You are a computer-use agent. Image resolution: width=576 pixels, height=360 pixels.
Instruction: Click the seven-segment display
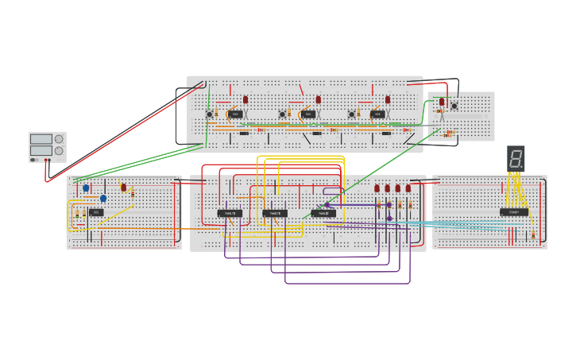(516, 157)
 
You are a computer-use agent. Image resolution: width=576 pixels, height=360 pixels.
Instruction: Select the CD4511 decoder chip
(513, 212)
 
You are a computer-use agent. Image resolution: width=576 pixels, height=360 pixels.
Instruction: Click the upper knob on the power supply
(59, 139)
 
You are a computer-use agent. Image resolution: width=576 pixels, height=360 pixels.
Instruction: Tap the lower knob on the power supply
(59, 151)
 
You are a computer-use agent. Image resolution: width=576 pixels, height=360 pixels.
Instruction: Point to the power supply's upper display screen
(41, 139)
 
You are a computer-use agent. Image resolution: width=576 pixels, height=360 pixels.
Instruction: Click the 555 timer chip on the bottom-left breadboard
(95, 212)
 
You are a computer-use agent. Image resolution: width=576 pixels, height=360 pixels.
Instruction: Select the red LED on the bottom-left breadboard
(123, 188)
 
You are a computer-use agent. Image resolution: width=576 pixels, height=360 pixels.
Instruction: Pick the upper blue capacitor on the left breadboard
(86, 188)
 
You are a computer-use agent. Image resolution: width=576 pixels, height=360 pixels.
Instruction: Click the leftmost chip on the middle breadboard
(230, 213)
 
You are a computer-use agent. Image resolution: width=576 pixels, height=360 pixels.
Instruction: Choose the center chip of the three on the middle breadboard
(275, 213)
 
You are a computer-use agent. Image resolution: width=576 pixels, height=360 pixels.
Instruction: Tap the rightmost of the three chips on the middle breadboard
(323, 213)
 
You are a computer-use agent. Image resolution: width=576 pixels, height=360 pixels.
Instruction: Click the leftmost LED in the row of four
(377, 188)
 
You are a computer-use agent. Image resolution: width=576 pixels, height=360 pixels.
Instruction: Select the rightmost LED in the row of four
(408, 188)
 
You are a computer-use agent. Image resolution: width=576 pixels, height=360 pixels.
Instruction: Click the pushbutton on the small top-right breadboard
(454, 106)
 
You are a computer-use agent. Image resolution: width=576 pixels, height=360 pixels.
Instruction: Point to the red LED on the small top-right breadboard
(442, 102)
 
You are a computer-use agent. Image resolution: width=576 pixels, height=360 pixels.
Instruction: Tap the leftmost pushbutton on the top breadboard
(210, 114)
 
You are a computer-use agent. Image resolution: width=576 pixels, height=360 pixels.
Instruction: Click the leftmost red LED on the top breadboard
(245, 100)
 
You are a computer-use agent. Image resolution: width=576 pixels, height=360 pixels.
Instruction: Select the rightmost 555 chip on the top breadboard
(378, 114)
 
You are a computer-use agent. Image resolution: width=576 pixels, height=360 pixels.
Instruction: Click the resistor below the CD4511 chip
(533, 234)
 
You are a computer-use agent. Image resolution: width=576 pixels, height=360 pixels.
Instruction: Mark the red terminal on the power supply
(49, 160)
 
